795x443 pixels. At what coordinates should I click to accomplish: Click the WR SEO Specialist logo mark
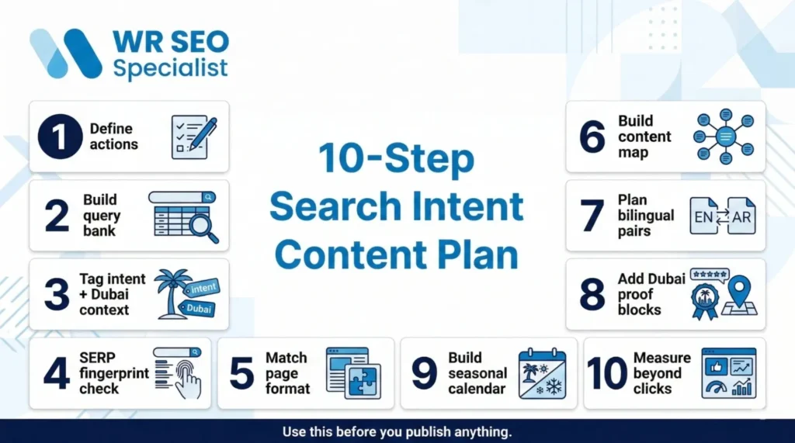pyautogui.click(x=66, y=54)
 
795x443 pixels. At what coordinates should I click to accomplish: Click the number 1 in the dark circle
pyautogui.click(x=60, y=137)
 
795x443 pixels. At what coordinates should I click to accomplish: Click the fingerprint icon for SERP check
pyautogui.click(x=186, y=378)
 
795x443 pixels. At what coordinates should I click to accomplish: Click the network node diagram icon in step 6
pyautogui.click(x=724, y=137)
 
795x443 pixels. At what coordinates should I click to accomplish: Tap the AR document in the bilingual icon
pyautogui.click(x=741, y=216)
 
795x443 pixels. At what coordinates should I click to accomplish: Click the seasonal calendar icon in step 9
pyautogui.click(x=542, y=373)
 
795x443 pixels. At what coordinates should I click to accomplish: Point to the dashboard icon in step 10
pyautogui.click(x=728, y=373)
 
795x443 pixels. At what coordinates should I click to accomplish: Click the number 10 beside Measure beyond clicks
pyautogui.click(x=607, y=373)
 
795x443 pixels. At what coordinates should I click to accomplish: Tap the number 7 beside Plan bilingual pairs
pyautogui.click(x=592, y=216)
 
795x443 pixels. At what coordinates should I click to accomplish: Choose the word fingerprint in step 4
pyautogui.click(x=113, y=373)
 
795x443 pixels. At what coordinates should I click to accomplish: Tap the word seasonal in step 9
pyautogui.click(x=477, y=373)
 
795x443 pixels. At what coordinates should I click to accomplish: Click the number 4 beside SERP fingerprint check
pyautogui.click(x=56, y=373)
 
